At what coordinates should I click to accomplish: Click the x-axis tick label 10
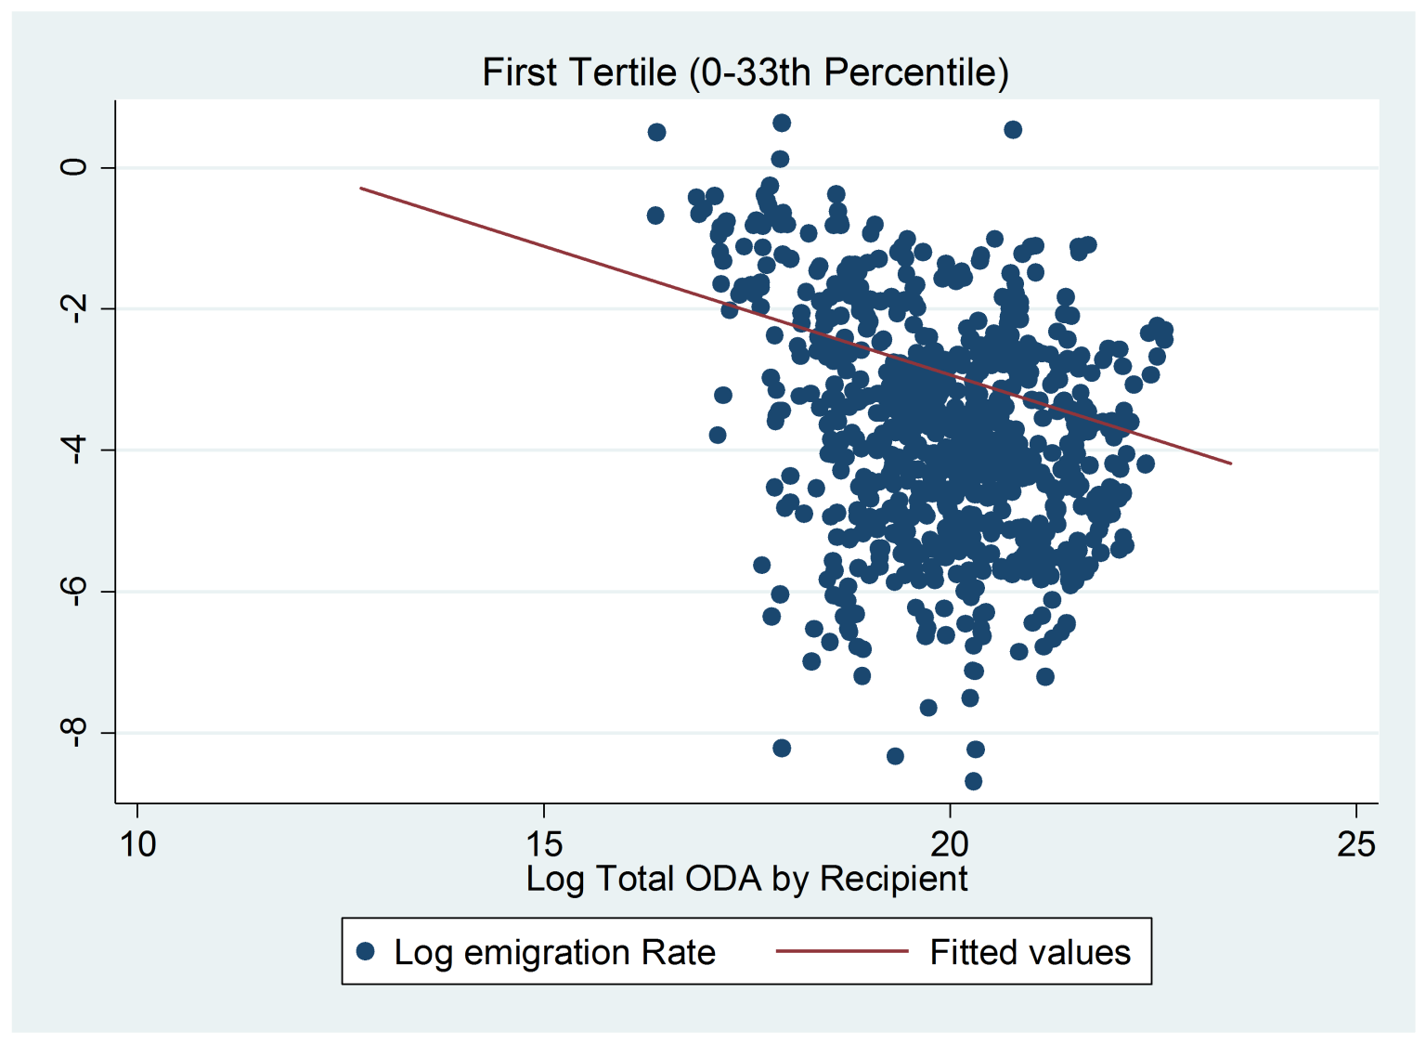(137, 844)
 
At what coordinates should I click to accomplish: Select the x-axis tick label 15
(544, 844)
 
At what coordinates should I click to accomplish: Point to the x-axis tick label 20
(949, 844)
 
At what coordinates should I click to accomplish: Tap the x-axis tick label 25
(1356, 844)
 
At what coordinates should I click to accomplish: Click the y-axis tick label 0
(74, 167)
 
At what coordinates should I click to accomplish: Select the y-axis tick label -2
(74, 309)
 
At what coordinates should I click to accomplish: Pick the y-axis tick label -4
(74, 450)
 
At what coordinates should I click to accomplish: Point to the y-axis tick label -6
(74, 591)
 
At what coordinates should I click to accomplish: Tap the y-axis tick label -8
(74, 733)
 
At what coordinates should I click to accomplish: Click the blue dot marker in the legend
(366, 952)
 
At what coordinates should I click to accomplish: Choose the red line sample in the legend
(842, 952)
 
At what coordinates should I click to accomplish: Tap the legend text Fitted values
(1030, 953)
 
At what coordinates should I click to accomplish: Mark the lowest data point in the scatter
(973, 781)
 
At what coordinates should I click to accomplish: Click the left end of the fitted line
(360, 188)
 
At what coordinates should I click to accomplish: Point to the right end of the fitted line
(1232, 463)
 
